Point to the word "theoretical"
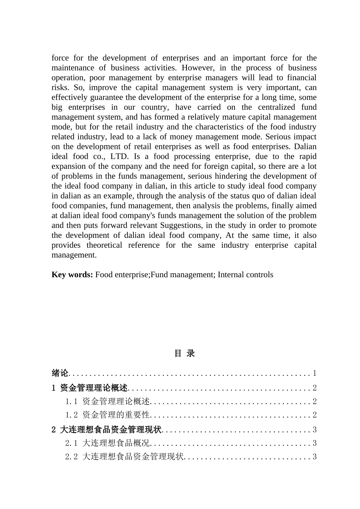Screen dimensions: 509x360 (x=104, y=245)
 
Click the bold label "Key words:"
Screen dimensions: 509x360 (x=72, y=275)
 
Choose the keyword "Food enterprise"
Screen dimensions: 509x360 (x=122, y=275)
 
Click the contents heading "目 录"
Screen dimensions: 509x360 (x=185, y=353)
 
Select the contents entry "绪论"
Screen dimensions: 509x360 (x=60, y=373)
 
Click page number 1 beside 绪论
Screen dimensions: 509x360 (x=315, y=373)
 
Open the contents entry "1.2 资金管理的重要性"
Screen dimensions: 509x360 (x=108, y=415)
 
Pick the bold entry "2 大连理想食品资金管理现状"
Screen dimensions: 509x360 (x=106, y=429)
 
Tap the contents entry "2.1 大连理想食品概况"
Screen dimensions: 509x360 (x=108, y=443)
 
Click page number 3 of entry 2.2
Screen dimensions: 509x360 (x=315, y=457)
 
